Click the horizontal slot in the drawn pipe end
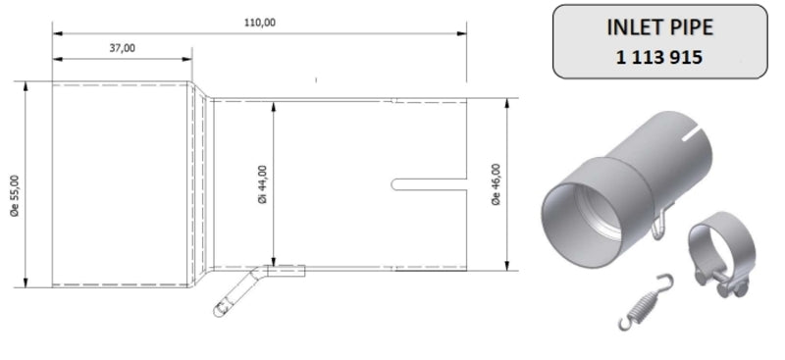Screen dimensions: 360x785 point(428,183)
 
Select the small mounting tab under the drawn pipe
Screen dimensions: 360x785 point(286,271)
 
